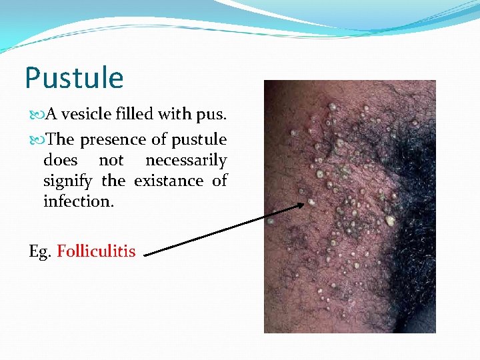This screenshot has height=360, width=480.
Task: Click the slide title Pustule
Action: pyautogui.click(x=74, y=78)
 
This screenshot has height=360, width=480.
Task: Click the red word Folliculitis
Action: pyautogui.click(x=96, y=251)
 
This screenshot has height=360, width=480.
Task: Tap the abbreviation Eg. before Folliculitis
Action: pyautogui.click(x=39, y=251)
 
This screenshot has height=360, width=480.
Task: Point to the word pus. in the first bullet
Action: pyautogui.click(x=211, y=115)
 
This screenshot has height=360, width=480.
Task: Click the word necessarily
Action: pyautogui.click(x=186, y=161)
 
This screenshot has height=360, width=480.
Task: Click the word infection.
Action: pyautogui.click(x=79, y=201)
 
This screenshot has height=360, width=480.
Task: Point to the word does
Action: pyautogui.click(x=59, y=161)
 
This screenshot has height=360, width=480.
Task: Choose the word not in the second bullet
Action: pyautogui.click(x=111, y=161)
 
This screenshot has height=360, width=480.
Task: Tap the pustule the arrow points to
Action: pyautogui.click(x=311, y=201)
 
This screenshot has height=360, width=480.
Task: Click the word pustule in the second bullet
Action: pyautogui.click(x=199, y=140)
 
